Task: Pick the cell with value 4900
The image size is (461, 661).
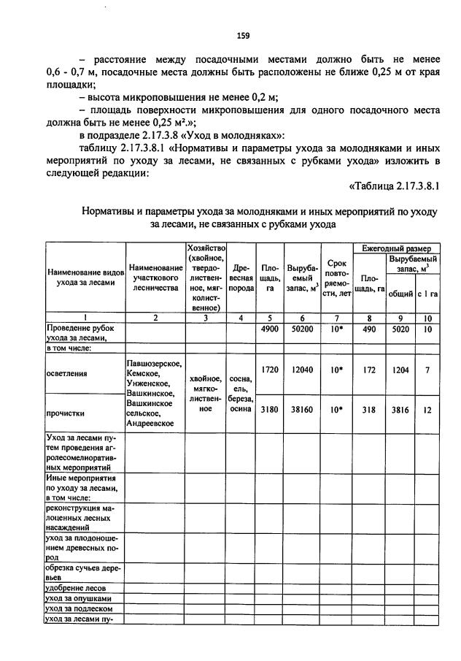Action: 270,329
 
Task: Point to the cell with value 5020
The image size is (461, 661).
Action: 403,329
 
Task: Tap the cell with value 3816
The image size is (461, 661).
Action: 403,410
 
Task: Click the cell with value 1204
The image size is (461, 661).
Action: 403,370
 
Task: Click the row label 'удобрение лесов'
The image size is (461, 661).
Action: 77,587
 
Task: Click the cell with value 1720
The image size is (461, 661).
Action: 270,370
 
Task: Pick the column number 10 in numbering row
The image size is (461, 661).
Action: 427,318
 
